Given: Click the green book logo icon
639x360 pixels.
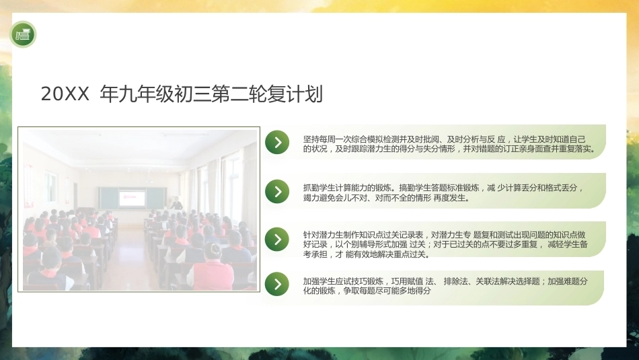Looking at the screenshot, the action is (23, 34).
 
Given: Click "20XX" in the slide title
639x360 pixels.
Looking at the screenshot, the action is (65, 94).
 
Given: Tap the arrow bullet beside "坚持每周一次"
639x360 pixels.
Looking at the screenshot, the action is (277, 142).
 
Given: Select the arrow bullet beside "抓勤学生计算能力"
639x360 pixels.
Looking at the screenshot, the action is (277, 191).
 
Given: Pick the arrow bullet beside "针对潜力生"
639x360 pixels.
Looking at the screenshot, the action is (277, 240).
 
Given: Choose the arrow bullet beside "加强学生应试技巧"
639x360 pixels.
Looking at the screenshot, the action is (277, 284).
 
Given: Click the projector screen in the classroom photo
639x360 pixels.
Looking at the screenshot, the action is (132, 197).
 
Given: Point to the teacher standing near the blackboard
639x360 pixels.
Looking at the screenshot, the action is (177, 203).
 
